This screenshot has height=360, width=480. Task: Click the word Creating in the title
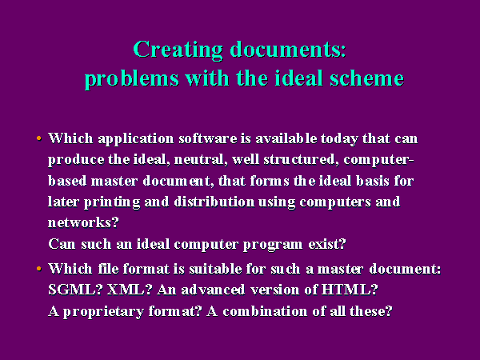[178, 50]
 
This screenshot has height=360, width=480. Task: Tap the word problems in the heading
[132, 79]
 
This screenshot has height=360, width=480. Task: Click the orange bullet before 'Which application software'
[39, 138]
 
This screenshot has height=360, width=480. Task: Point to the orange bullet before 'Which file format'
[39, 269]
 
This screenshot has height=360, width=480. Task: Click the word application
[136, 139]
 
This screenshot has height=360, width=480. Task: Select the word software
[208, 138]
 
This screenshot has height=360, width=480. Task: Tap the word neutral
[201, 160]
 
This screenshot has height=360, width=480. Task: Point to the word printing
[112, 202]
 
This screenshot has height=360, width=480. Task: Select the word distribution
[214, 202]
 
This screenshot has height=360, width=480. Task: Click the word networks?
[83, 222]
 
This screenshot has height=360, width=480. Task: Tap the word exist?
[327, 244]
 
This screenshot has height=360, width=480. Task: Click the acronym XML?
[130, 290]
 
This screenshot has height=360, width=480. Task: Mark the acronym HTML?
[350, 290]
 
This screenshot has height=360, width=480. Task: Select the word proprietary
[103, 312]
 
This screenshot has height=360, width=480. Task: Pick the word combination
[265, 311]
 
